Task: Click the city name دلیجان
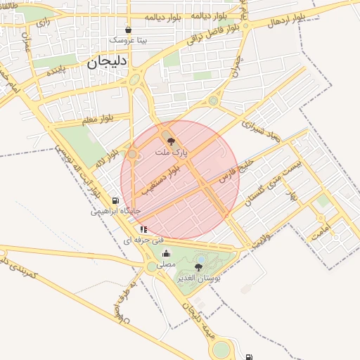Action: coord(107,62)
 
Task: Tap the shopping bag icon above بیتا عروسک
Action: coord(128,30)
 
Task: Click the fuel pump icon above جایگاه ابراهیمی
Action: coord(116,200)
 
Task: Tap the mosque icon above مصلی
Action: coord(167,254)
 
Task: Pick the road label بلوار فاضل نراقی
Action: coord(215,32)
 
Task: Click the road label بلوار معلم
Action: coord(96,120)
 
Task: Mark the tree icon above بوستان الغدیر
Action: coord(200,266)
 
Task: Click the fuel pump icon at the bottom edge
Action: coord(249,356)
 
